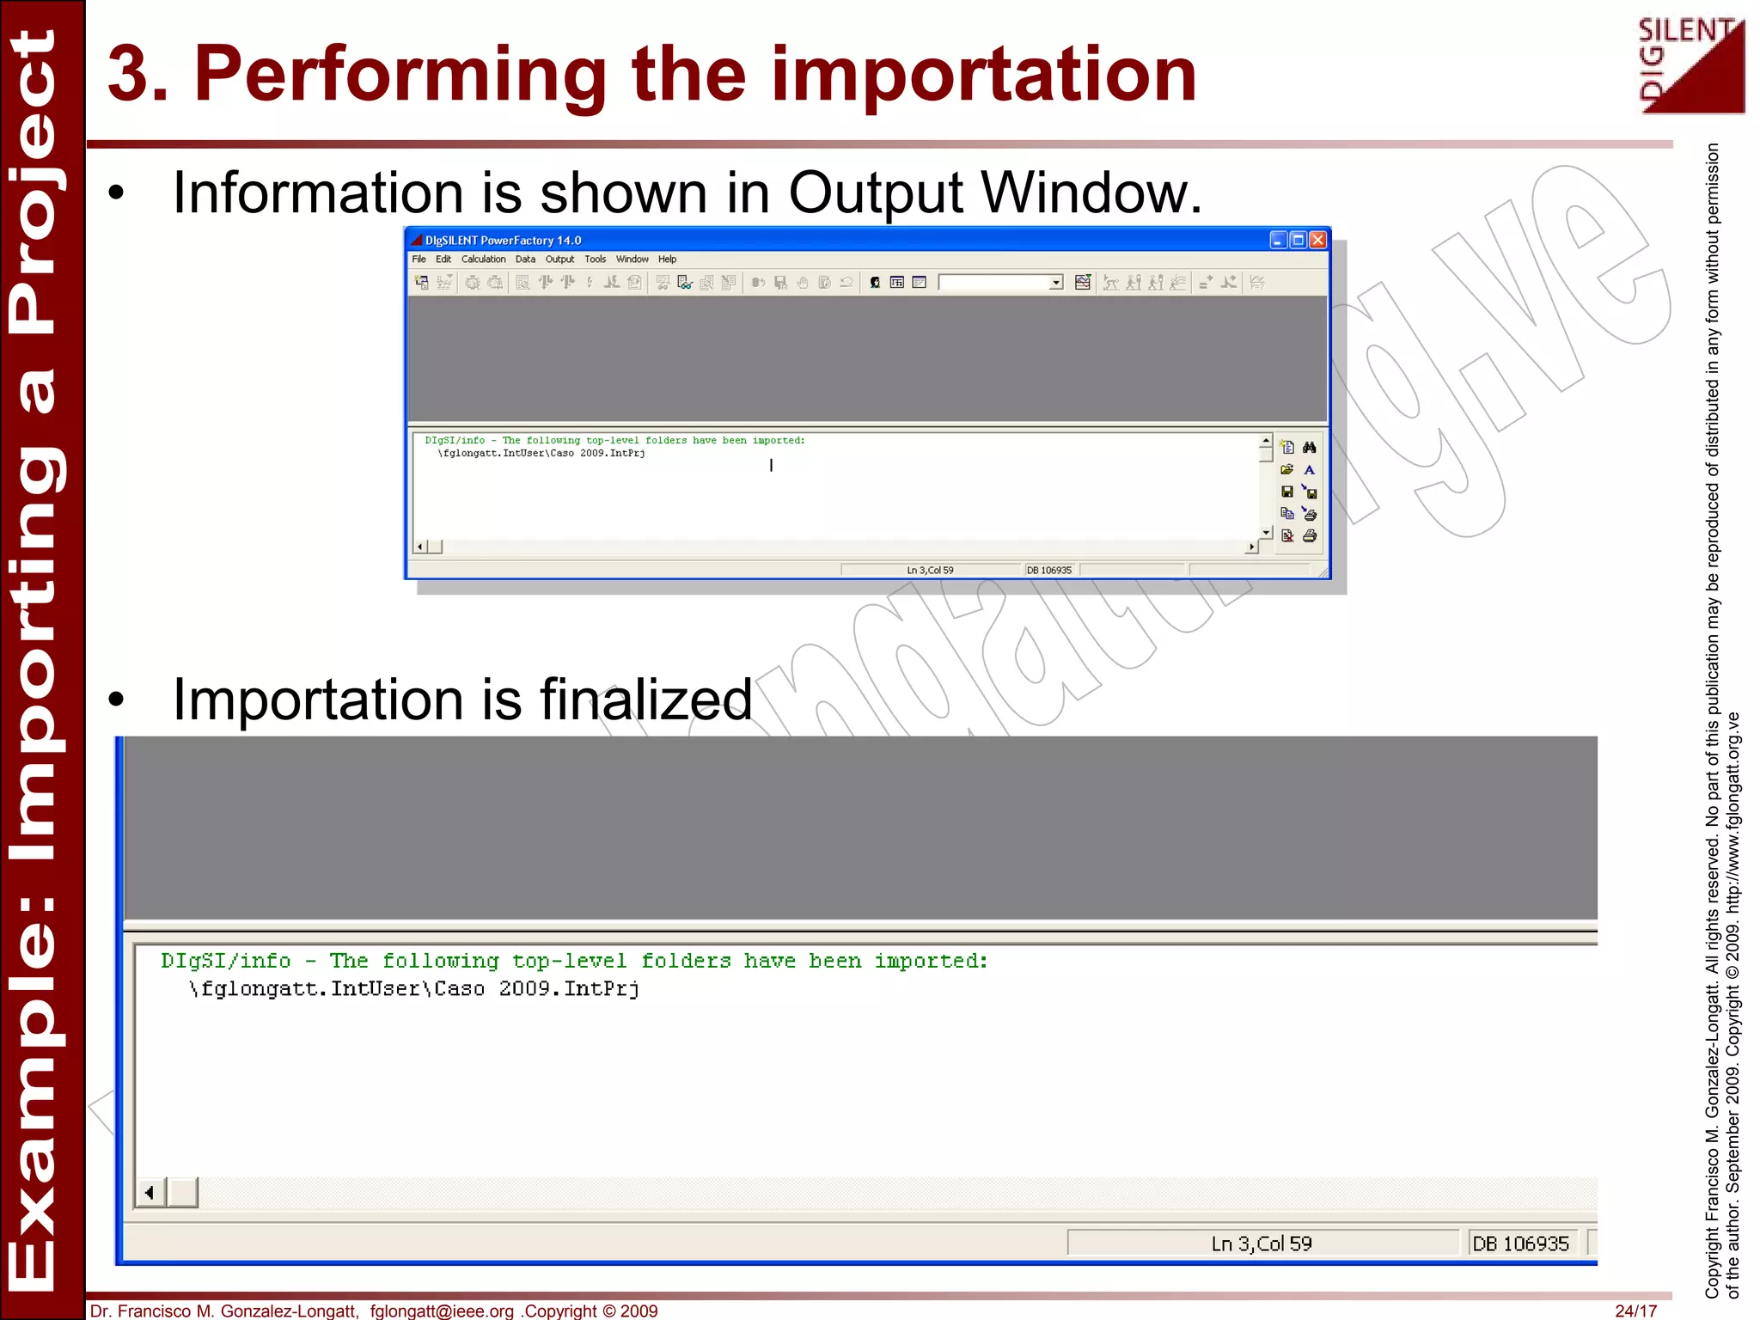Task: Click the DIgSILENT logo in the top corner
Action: coord(1690,65)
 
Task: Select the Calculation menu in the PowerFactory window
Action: coord(483,260)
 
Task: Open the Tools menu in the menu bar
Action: coord(595,260)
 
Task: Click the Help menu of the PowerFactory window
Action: coord(667,260)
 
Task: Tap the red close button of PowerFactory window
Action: coord(1317,240)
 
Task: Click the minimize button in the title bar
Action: coord(1278,240)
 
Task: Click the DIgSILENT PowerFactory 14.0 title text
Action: coord(503,241)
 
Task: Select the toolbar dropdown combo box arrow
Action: coord(1055,283)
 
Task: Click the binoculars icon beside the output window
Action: coord(1309,447)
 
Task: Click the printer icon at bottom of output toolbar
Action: coord(1309,536)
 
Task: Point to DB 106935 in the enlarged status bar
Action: coord(1520,1244)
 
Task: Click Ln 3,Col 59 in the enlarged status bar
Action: coord(1261,1244)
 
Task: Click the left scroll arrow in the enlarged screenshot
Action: coord(150,1193)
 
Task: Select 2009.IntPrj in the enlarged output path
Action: coord(569,989)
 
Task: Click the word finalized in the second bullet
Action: coord(645,700)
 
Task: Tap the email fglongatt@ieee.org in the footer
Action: coord(442,1311)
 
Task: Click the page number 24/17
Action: coord(1635,1311)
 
